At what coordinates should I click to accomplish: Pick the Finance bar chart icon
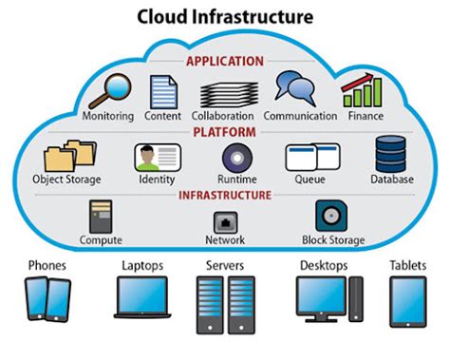tap(362, 90)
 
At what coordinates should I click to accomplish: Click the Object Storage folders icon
tap(67, 156)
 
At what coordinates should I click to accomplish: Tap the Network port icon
tap(225, 220)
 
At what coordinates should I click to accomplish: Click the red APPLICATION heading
tap(225, 61)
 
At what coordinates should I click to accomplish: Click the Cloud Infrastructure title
tap(224, 16)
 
